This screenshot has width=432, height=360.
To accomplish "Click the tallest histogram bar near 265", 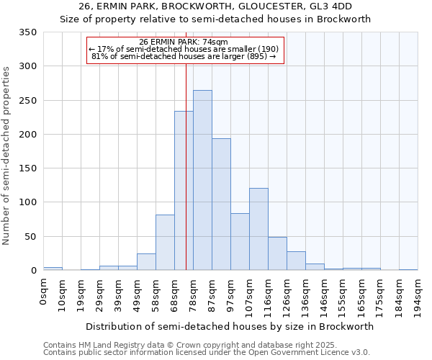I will pos(202,180).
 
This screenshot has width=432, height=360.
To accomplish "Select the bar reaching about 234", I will pos(184,191).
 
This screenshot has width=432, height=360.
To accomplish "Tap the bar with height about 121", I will pos(258,229).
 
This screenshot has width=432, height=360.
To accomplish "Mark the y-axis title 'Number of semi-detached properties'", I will pos(6,155).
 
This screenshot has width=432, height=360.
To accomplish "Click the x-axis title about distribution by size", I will pos(230,326).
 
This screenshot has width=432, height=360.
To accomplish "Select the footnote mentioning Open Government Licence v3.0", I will pos(206,352).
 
